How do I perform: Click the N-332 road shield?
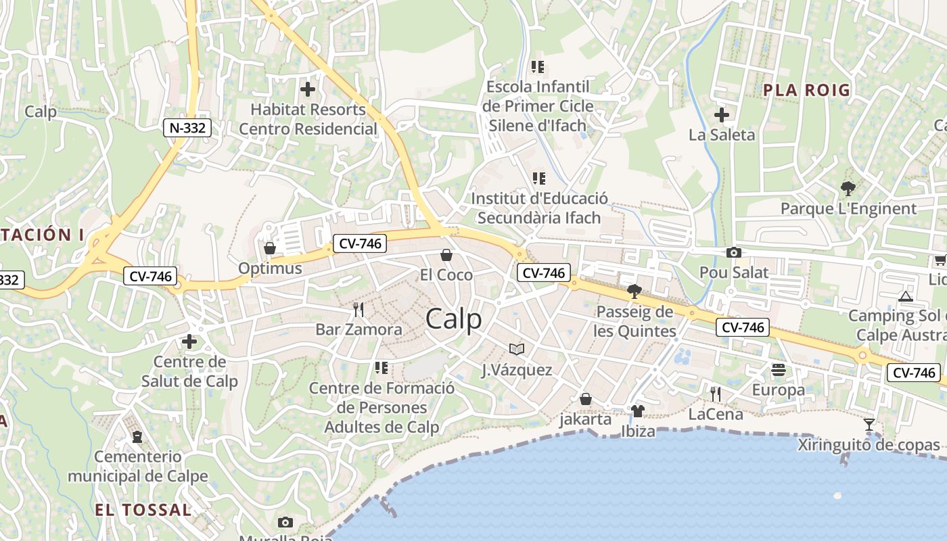187,127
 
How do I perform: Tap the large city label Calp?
454,319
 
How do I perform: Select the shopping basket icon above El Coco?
446,255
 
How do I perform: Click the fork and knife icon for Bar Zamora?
359,310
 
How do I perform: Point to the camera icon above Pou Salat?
733,253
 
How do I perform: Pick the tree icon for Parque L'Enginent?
848,189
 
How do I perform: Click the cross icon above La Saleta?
722,115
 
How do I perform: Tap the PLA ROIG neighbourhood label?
806,90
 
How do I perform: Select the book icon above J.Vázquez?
517,350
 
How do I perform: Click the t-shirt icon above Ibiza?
637,410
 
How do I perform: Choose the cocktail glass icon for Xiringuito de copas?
869,425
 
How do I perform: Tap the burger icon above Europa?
778,370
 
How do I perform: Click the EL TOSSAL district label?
143,510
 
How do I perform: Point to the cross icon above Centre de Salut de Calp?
189,342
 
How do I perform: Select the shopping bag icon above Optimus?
270,248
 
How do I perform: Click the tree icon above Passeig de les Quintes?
634,291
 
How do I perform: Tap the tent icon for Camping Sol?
905,296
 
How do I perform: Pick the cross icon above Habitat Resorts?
308,89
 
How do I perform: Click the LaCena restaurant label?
716,414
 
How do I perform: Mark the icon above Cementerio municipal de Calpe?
137,437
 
